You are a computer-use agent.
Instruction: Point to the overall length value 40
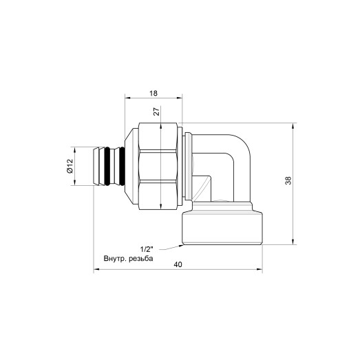(178, 264)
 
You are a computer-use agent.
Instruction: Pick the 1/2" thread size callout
(147, 250)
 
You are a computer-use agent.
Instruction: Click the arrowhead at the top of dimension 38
(295, 126)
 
